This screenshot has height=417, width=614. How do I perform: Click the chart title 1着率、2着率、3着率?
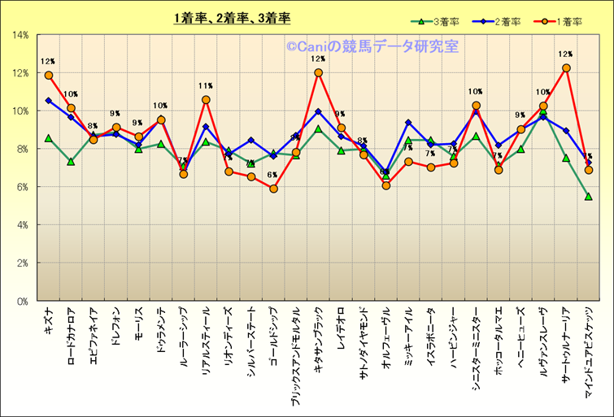pyautogui.click(x=232, y=18)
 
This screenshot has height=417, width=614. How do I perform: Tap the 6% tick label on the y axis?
pyautogui.click(x=23, y=187)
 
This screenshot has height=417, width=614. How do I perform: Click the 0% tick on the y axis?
pyautogui.click(x=23, y=301)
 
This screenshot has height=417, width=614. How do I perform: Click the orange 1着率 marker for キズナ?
pyautogui.click(x=49, y=76)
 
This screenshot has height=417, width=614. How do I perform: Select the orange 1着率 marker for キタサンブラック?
pyautogui.click(x=318, y=72)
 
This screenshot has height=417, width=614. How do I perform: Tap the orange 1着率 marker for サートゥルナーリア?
pyautogui.click(x=566, y=68)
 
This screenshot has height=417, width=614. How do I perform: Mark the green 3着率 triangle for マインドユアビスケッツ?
pyautogui.click(x=588, y=197)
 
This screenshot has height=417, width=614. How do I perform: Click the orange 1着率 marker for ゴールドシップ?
pyautogui.click(x=273, y=189)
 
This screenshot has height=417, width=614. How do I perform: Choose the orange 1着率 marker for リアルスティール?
pyautogui.click(x=206, y=100)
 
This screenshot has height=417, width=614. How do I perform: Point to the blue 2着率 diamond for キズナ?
pyautogui.click(x=49, y=101)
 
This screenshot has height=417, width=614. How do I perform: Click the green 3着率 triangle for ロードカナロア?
pyautogui.click(x=71, y=162)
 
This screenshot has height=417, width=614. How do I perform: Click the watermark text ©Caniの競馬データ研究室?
pyautogui.click(x=371, y=47)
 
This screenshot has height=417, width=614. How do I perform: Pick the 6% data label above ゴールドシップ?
pyautogui.click(x=272, y=175)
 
